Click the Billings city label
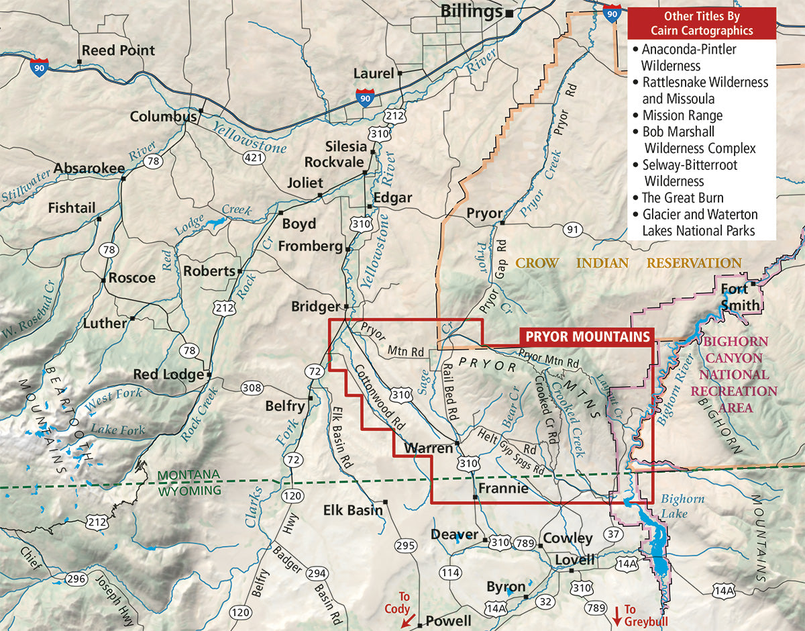[x=472, y=11]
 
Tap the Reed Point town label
[x=117, y=50]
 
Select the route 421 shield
[x=253, y=157]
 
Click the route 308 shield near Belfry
[x=252, y=387]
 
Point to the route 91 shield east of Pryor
[x=572, y=230]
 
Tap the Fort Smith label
[x=740, y=297]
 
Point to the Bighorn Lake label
[x=682, y=506]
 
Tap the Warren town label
[x=428, y=448]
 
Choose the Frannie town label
[x=502, y=489]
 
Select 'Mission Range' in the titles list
[x=682, y=115]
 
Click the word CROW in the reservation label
[x=537, y=263]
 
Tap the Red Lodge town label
[x=168, y=375]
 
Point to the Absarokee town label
[x=89, y=168]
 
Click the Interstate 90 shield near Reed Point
[x=39, y=67]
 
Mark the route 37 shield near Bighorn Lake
[x=612, y=534]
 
